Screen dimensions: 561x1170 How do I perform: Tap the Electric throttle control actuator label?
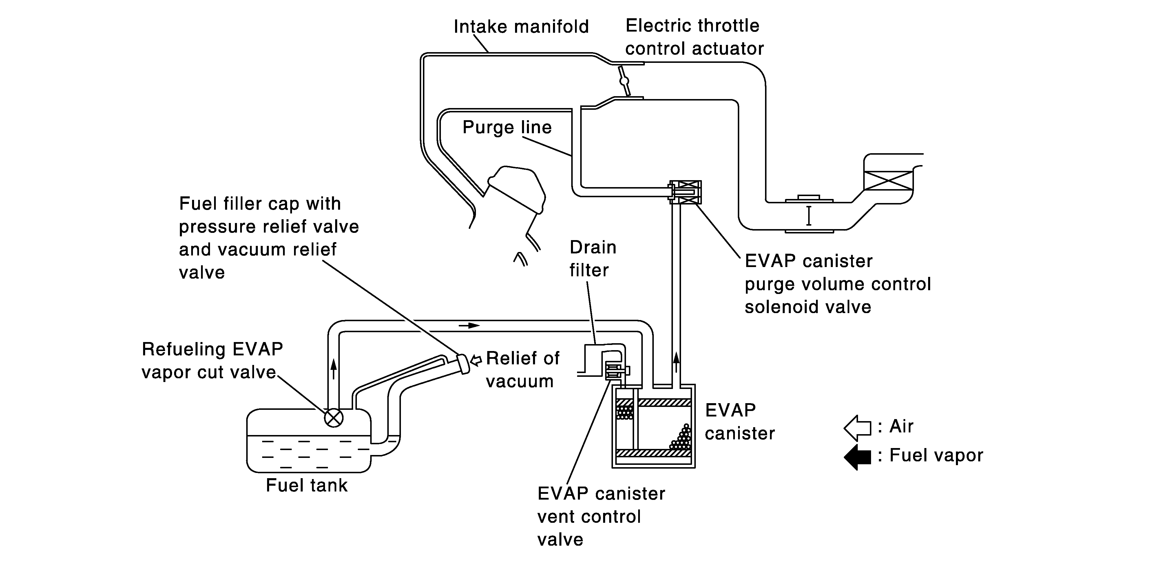tap(694, 37)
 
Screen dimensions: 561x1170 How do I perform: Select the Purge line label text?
tap(507, 127)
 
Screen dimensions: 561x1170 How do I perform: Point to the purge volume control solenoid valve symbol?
tap(685, 192)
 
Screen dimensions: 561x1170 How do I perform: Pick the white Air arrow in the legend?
tap(857, 427)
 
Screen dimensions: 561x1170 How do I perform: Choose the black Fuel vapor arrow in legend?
tap(857, 456)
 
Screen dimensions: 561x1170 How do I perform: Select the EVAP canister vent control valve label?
tap(601, 516)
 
